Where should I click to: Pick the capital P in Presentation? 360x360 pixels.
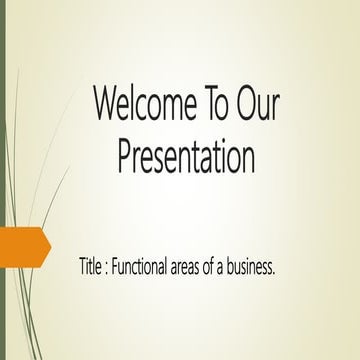click(125, 157)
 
